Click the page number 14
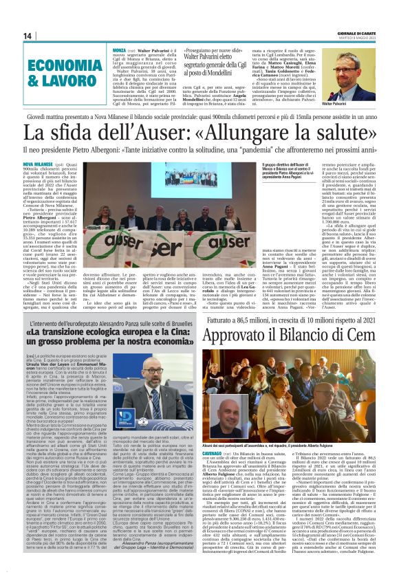(x=28, y=36)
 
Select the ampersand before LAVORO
(x=39, y=80)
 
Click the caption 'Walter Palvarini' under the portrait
(x=353, y=104)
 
